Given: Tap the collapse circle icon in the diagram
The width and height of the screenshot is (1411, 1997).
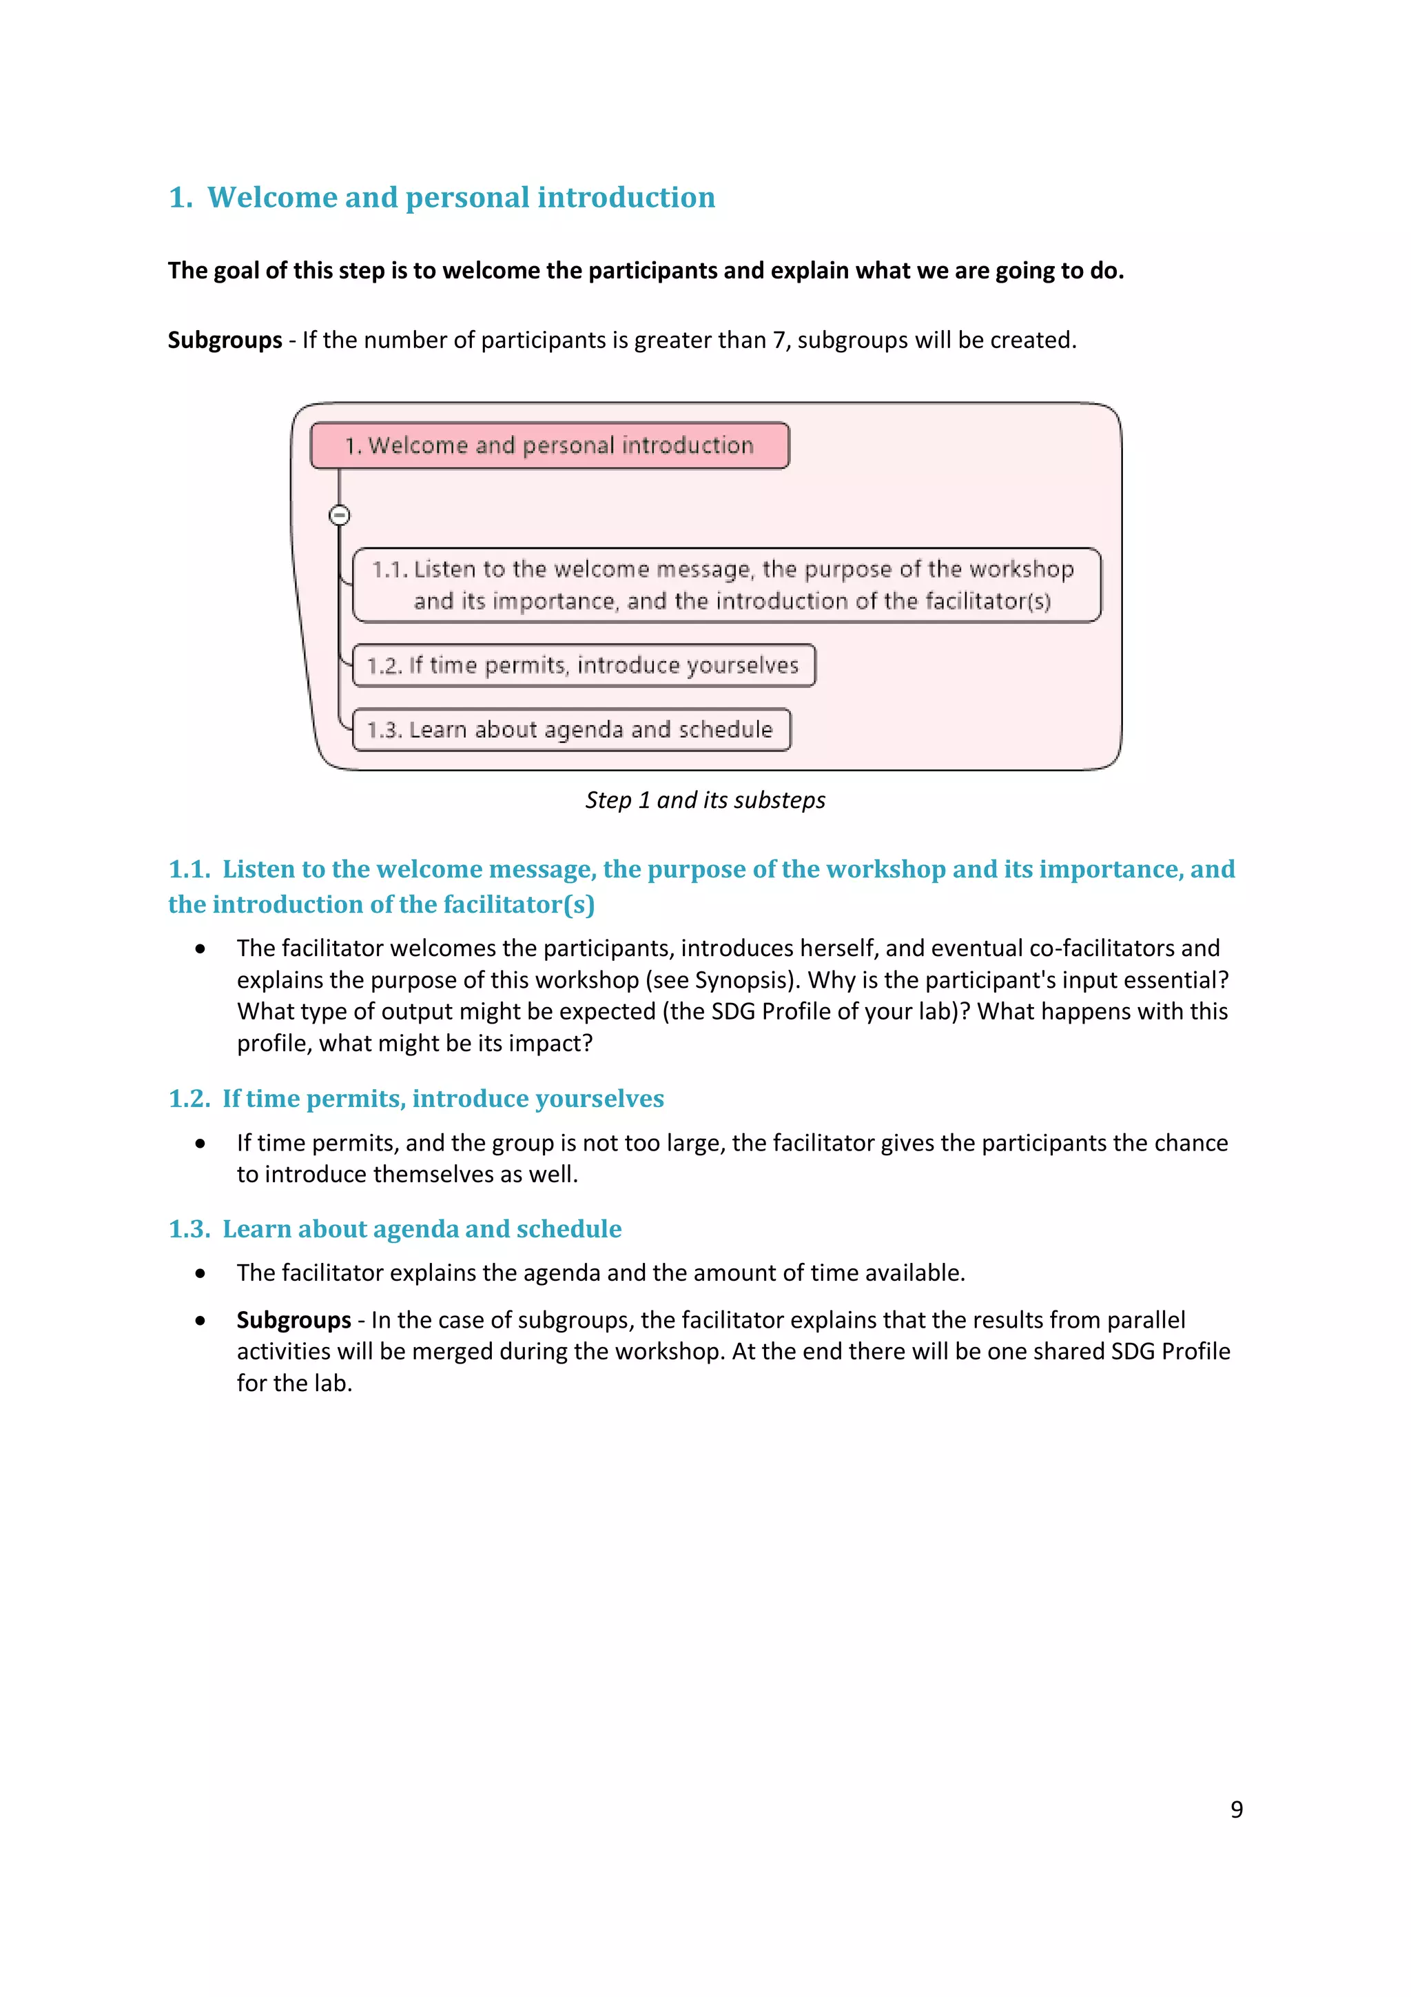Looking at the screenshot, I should [339, 515].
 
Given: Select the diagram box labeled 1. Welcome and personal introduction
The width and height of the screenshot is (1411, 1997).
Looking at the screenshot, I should [549, 445].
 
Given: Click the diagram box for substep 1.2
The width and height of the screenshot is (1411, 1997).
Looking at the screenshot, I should [584, 665].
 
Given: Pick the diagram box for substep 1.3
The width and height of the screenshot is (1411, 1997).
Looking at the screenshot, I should [571, 730].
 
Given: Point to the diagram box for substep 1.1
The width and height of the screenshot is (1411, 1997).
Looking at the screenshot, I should [726, 585].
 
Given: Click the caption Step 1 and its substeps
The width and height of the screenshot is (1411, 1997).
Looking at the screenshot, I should [705, 800].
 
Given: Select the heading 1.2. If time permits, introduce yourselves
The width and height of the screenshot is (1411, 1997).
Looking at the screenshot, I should [415, 1099].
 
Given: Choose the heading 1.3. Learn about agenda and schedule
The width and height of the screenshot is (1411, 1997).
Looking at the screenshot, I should [395, 1229].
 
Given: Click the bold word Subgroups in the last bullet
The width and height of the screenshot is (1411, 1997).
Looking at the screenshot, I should [293, 1320].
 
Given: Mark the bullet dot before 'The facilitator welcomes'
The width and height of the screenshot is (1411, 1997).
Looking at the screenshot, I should [200, 949].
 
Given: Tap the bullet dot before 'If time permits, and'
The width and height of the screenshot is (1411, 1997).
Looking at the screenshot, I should [200, 1144].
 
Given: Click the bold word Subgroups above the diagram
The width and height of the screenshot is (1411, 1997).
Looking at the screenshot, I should [225, 340].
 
